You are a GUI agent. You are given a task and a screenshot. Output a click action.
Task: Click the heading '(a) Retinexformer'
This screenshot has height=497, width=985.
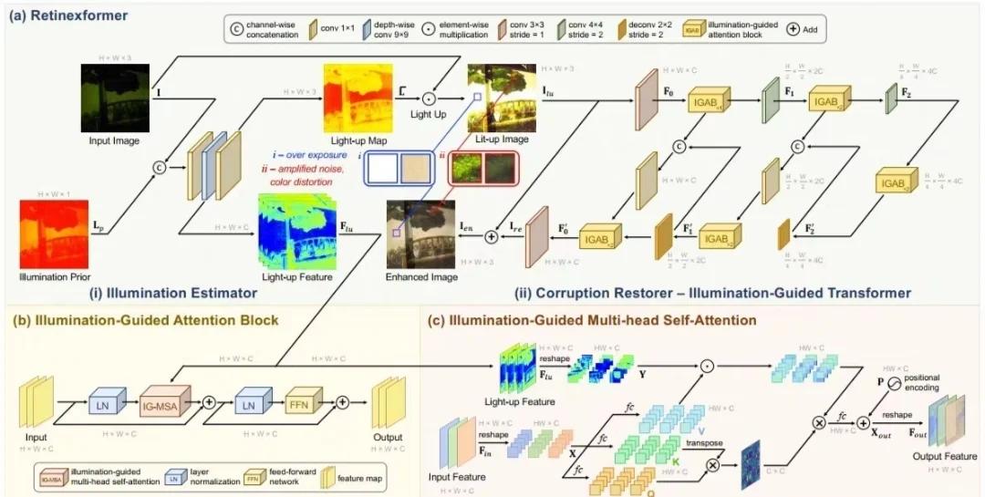click(70, 16)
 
